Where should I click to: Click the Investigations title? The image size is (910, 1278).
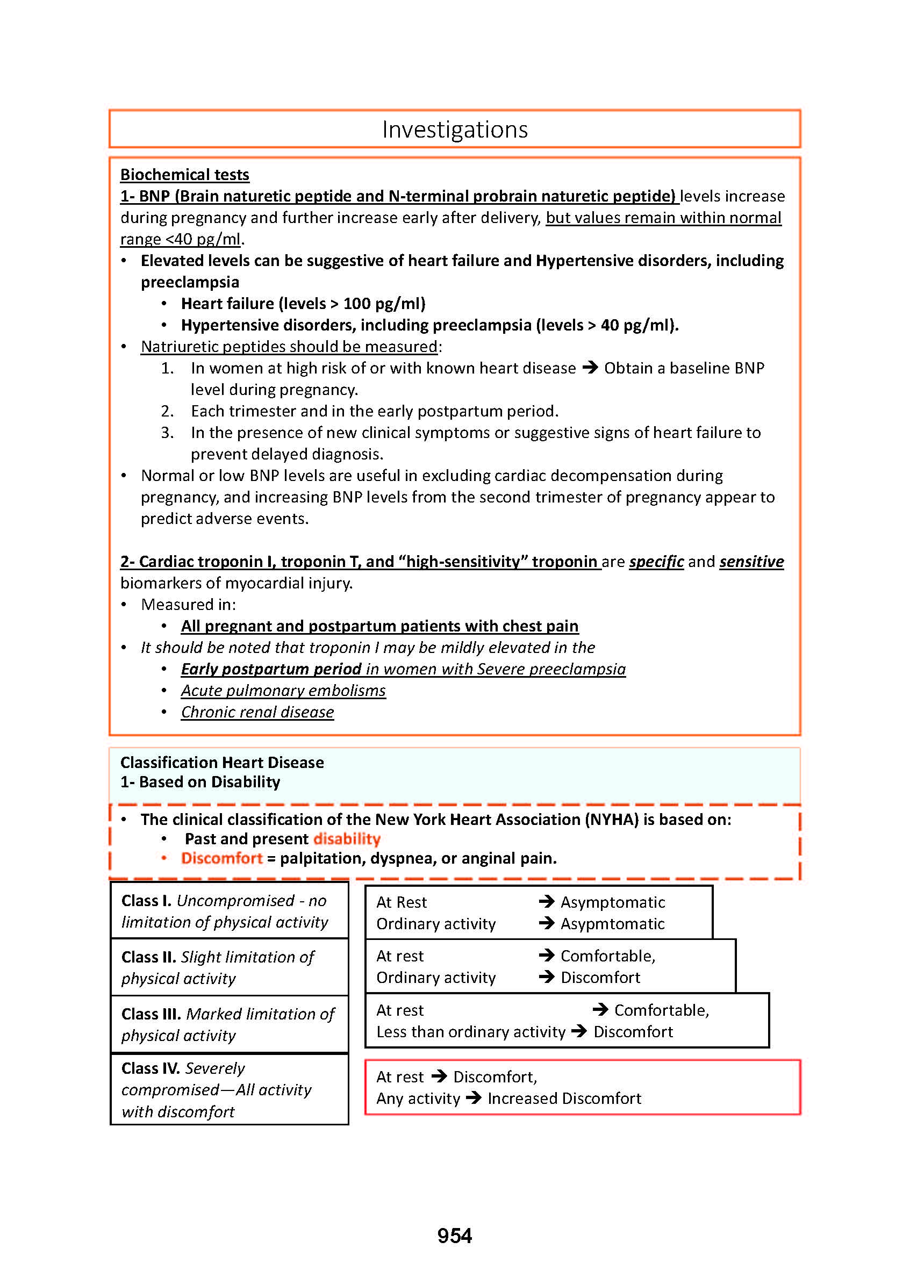click(x=454, y=130)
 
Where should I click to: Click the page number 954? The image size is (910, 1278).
click(x=454, y=1236)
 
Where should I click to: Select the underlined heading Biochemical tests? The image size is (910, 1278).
click(x=184, y=175)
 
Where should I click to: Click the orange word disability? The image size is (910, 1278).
click(x=347, y=839)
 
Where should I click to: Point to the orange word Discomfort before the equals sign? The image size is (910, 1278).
click(x=222, y=858)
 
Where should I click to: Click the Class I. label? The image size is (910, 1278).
click(x=146, y=900)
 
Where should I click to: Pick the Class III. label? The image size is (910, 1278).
click(x=151, y=1014)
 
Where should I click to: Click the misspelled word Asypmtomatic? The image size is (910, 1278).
click(x=612, y=924)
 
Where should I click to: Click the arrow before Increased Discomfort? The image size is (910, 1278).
click(x=474, y=1098)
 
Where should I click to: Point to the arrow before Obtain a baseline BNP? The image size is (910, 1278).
click(x=590, y=368)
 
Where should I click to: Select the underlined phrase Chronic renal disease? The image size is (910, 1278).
click(x=257, y=712)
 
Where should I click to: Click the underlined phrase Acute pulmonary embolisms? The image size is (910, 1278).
click(x=283, y=691)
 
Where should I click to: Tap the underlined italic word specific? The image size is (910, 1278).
click(x=656, y=562)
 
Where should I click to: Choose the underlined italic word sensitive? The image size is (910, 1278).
click(x=751, y=562)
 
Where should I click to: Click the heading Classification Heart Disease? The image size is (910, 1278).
click(x=222, y=763)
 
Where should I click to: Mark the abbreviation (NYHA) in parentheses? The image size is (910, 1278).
click(x=611, y=820)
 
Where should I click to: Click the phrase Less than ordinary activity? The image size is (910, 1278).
click(x=471, y=1032)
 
